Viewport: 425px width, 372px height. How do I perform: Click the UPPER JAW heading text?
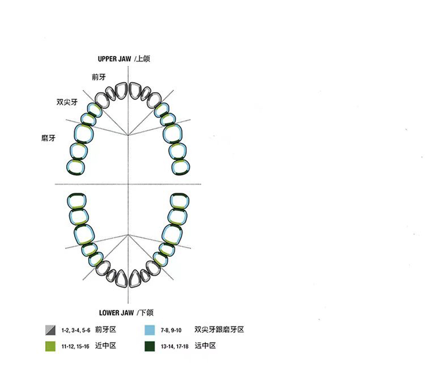114,59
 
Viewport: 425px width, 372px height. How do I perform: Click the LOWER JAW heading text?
116,312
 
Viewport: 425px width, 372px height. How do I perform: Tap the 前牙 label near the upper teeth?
99,77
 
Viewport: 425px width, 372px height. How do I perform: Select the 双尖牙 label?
67,102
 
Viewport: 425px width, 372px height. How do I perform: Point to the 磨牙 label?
48,138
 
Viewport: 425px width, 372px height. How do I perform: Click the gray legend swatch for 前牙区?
51,330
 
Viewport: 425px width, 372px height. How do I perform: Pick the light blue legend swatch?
149,330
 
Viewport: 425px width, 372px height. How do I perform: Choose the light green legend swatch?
51,346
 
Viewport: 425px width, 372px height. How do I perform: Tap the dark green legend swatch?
149,346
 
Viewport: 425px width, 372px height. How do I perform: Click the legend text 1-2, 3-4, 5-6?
76,330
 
